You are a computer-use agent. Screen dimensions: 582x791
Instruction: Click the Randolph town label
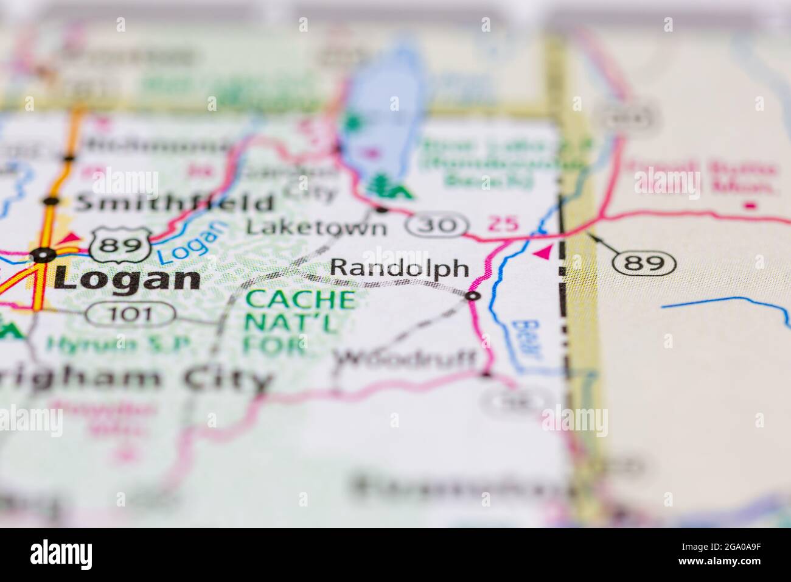click(x=400, y=268)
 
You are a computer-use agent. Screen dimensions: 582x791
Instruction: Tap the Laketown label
click(x=316, y=228)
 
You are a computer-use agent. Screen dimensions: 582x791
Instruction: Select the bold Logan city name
click(x=127, y=279)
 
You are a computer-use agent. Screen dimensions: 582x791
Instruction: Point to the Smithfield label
click(x=174, y=203)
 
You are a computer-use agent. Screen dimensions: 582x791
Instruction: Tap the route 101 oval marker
click(x=130, y=315)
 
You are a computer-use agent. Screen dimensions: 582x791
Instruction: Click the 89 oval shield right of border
click(x=644, y=263)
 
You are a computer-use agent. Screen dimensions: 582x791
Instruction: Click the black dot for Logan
click(x=43, y=255)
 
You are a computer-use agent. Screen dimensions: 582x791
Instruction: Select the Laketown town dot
click(x=382, y=210)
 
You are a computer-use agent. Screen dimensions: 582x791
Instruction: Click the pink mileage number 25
click(x=504, y=224)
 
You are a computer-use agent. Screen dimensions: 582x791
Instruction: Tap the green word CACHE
click(x=299, y=300)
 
